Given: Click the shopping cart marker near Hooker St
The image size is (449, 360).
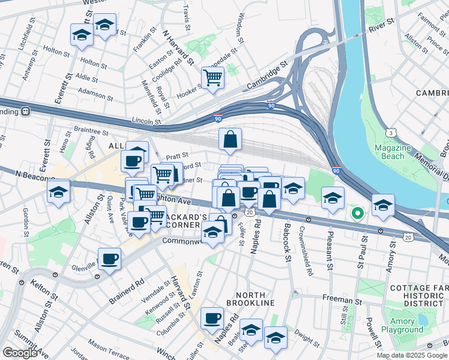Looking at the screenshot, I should [x=212, y=77].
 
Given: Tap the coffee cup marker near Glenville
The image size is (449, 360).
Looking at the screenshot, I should [x=109, y=259].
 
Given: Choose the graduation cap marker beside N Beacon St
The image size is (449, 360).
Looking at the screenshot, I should [x=58, y=192].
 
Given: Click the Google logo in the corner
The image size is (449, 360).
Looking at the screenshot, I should [x=20, y=352].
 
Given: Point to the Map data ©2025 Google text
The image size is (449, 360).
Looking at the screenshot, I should [x=412, y=355].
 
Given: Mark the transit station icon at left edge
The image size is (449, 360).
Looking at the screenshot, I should [x=26, y=111].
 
